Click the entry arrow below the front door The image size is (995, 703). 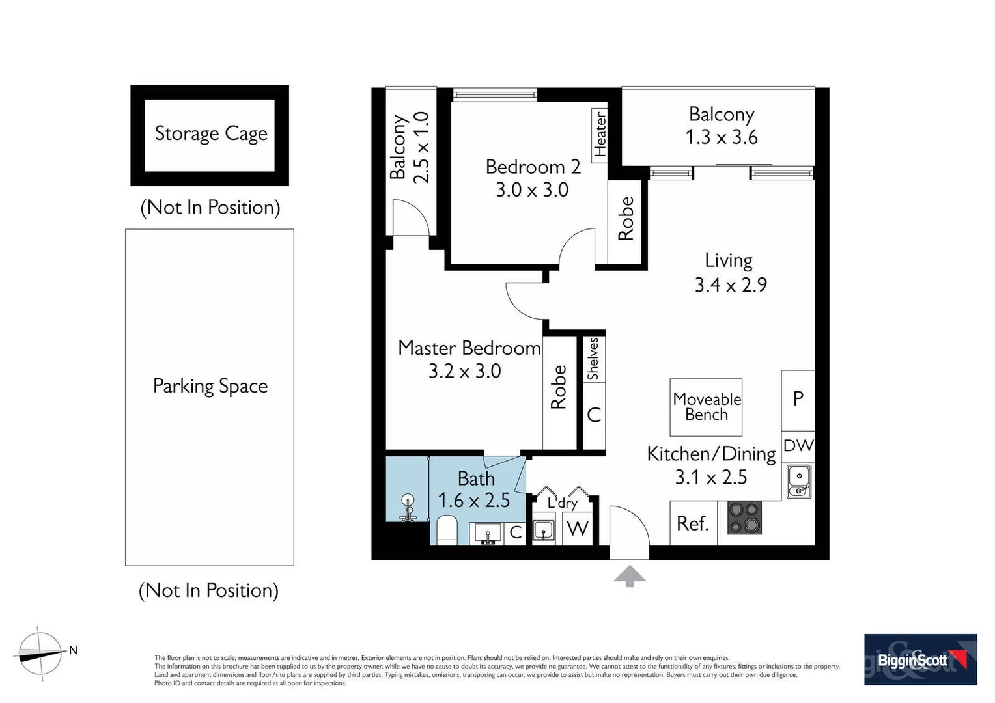pyautogui.click(x=629, y=576)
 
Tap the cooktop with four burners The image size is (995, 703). pyautogui.click(x=744, y=518)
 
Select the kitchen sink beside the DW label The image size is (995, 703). pyautogui.click(x=798, y=481)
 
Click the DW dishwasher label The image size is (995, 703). pyautogui.click(x=798, y=446)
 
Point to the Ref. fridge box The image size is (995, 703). pyautogui.click(x=693, y=523)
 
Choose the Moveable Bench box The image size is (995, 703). pyautogui.click(x=707, y=407)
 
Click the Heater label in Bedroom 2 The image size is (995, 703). pyautogui.click(x=600, y=134)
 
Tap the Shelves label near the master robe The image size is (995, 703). pyautogui.click(x=593, y=359)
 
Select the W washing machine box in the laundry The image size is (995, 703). pyautogui.click(x=578, y=529)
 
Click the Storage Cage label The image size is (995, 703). pyautogui.click(x=211, y=133)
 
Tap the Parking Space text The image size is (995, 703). pyautogui.click(x=210, y=386)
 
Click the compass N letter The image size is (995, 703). pyautogui.click(x=74, y=650)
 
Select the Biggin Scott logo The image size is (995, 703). pyautogui.click(x=920, y=660)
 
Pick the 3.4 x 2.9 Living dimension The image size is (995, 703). pyautogui.click(x=731, y=285)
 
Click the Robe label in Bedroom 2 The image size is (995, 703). pyautogui.click(x=626, y=219)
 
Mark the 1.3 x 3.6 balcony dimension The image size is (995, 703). pyautogui.click(x=722, y=137)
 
